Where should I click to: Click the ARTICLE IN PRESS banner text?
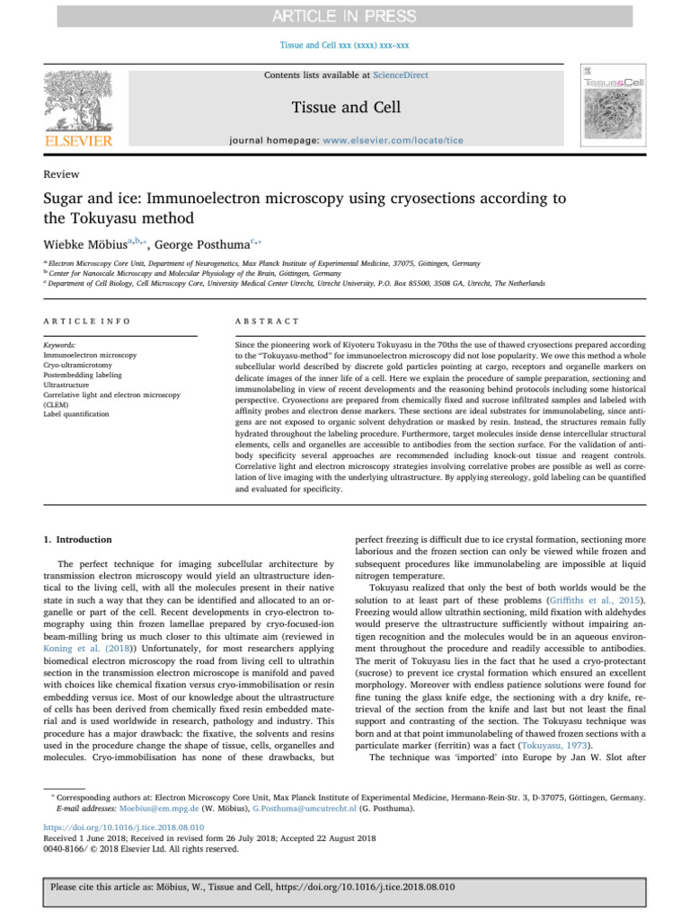(x=344, y=16)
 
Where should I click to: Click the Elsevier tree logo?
(x=80, y=100)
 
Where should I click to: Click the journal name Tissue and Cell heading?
(x=345, y=108)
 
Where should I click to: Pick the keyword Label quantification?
(x=75, y=414)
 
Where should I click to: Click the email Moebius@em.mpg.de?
(x=125, y=809)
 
